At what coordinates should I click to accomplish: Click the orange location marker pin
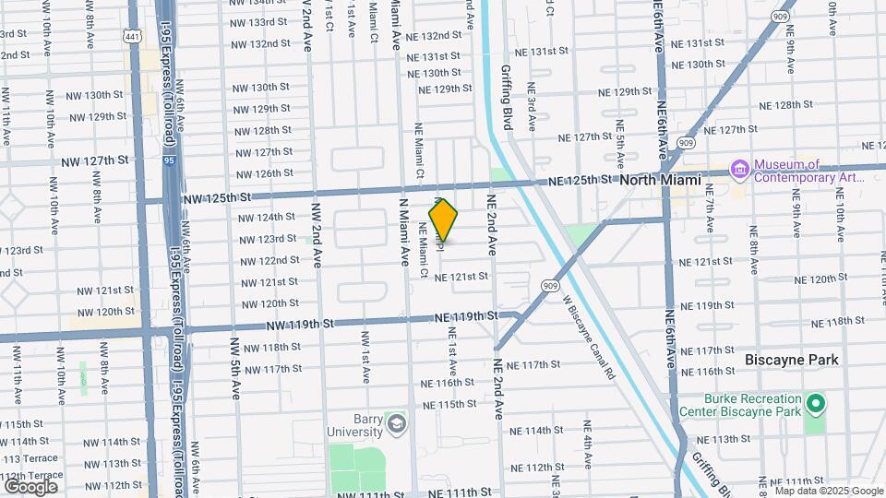click(444, 220)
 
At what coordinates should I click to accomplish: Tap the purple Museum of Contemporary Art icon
click(738, 170)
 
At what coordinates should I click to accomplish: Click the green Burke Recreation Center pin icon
click(815, 403)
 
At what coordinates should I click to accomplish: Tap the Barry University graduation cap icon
click(397, 423)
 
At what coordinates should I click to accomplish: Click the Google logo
click(30, 486)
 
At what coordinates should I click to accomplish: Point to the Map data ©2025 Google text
click(829, 491)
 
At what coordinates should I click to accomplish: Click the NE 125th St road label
click(581, 180)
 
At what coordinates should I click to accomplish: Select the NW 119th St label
click(300, 324)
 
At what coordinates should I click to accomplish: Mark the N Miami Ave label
click(402, 231)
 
